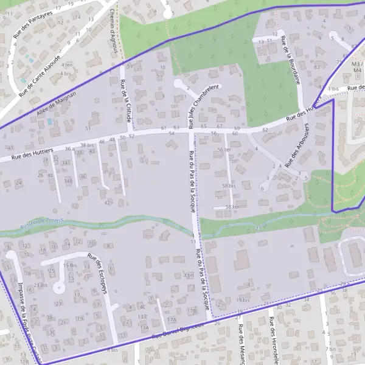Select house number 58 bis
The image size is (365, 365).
pyautogui.click(x=229, y=186)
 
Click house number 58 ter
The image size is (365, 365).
pyautogui.click(x=231, y=207)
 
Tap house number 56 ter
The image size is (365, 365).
pyautogui.click(x=224, y=150)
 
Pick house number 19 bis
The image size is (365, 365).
pyautogui.click(x=243, y=299)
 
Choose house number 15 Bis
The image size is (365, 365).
pyautogui.click(x=69, y=266)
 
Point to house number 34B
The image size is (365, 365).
pyautogui.click(x=68, y=181)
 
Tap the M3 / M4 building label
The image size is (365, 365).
pyautogui.click(x=358, y=67)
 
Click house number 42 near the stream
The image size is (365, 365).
pyautogui.click(x=107, y=202)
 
